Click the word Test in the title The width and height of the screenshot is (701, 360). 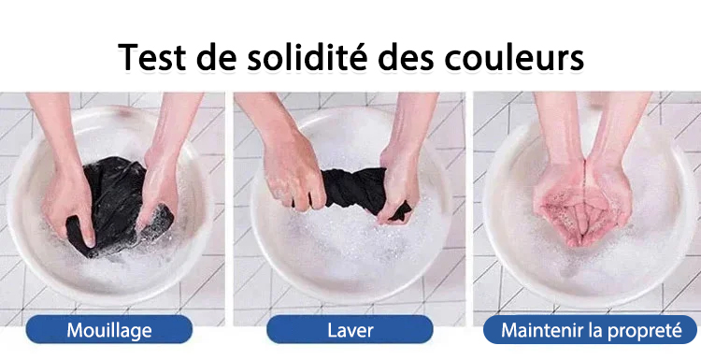(151, 57)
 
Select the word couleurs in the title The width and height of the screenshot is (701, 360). (514, 57)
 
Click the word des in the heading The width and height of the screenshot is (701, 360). (406, 57)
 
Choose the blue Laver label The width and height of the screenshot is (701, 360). (350, 329)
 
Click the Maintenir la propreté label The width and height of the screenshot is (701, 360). (590, 329)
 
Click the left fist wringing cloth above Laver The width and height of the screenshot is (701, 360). (293, 172)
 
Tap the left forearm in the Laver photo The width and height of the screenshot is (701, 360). (264, 117)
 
